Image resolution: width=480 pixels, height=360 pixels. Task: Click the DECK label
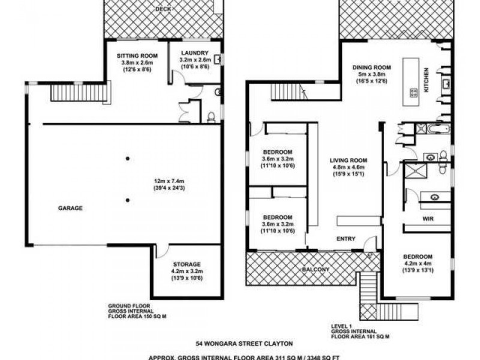pyautogui.click(x=161, y=9)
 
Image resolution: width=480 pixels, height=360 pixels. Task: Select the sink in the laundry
pyautogui.click(x=217, y=59)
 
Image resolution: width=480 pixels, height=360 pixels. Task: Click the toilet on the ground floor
pyautogui.click(x=211, y=116)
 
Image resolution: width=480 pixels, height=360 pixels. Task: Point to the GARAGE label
pyautogui.click(x=71, y=208)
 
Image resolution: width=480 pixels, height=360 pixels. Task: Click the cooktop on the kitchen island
pyautogui.click(x=413, y=92)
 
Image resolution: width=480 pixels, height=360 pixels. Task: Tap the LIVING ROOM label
pyautogui.click(x=348, y=160)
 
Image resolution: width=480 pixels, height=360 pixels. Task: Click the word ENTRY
pyautogui.click(x=346, y=239)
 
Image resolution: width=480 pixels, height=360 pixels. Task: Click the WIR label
pyautogui.click(x=428, y=218)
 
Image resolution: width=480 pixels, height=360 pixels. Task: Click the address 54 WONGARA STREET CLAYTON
pyautogui.click(x=244, y=343)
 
